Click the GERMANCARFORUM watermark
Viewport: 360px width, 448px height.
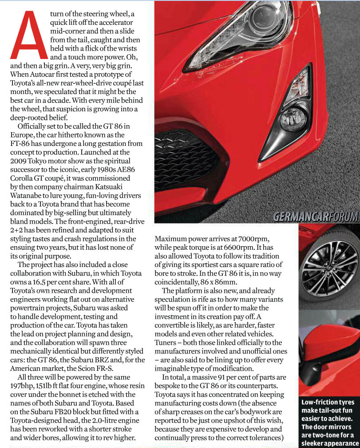315,216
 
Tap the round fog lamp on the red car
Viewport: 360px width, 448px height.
293,118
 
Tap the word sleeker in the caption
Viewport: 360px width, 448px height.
315,443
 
